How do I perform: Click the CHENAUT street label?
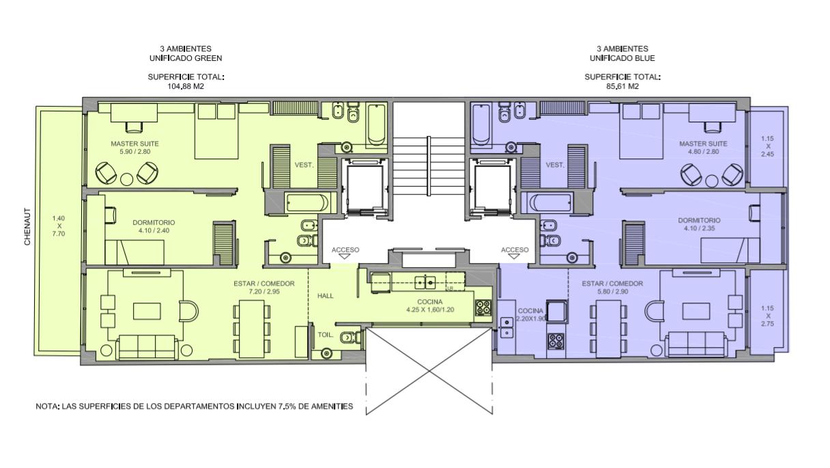tap(27, 227)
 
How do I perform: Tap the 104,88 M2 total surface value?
tap(186, 86)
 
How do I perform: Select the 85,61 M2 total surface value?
tap(622, 86)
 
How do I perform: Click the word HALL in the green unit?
tap(326, 296)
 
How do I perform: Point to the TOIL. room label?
tap(326, 335)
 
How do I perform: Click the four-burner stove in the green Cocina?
tap(483, 308)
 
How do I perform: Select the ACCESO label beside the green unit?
tap(345, 250)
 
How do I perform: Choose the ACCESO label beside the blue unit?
tap(515, 250)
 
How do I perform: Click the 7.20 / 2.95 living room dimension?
tap(264, 292)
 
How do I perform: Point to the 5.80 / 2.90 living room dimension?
tap(612, 292)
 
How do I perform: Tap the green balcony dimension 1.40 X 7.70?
tap(59, 226)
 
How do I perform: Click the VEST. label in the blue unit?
tap(555, 165)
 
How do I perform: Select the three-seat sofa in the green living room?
tap(147, 347)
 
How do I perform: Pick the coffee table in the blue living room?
tap(697, 311)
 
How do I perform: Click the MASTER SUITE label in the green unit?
tap(134, 144)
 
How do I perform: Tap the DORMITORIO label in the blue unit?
tap(699, 220)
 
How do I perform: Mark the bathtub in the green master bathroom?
tap(376, 124)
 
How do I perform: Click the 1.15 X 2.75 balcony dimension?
tap(768, 316)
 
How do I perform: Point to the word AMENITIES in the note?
tap(332, 407)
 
